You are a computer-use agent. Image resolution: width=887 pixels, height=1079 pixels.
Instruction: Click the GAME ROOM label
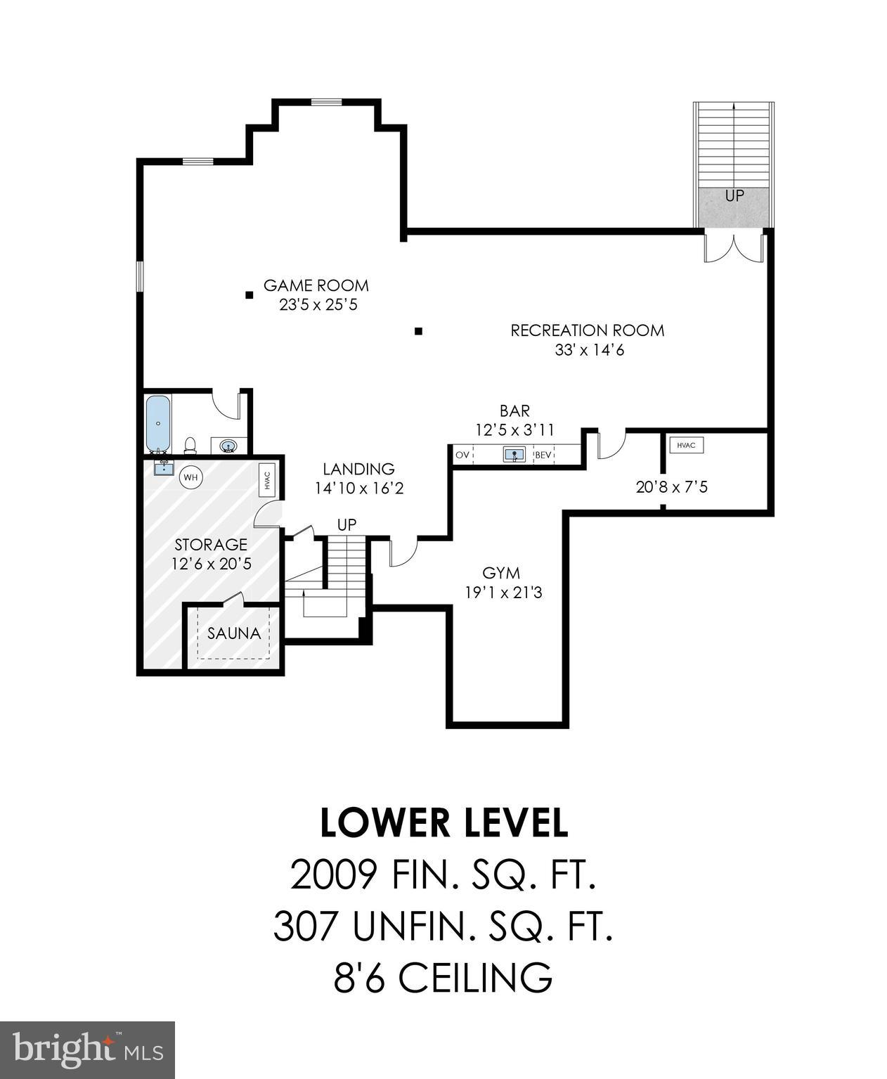pyautogui.click(x=316, y=285)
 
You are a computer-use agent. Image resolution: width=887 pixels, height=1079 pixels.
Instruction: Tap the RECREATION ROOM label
pyautogui.click(x=587, y=330)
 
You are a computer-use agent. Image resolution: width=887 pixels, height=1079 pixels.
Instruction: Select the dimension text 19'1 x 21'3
pyautogui.click(x=503, y=593)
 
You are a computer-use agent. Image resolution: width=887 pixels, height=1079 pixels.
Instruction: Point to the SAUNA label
pyautogui.click(x=234, y=633)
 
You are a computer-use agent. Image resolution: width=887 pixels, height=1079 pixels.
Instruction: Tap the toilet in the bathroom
pyautogui.click(x=190, y=445)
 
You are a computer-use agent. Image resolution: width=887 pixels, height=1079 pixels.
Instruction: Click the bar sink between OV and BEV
pyautogui.click(x=514, y=455)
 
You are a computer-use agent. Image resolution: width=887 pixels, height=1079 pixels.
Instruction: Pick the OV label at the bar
pyautogui.click(x=462, y=455)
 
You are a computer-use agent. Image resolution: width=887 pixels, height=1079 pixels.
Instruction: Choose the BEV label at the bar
pyautogui.click(x=544, y=455)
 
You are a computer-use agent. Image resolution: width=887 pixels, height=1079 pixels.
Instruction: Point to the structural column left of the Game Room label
pyautogui.click(x=249, y=295)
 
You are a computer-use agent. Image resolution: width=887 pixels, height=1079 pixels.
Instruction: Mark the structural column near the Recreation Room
pyautogui.click(x=418, y=331)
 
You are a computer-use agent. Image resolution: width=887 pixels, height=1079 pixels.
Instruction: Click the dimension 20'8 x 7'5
pyautogui.click(x=671, y=486)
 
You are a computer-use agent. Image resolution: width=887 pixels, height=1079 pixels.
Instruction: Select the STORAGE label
pyautogui.click(x=211, y=545)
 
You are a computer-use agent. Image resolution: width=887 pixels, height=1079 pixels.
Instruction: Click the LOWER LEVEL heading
pyautogui.click(x=443, y=823)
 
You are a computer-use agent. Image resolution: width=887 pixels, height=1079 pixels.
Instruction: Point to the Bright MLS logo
pyautogui.click(x=87, y=1049)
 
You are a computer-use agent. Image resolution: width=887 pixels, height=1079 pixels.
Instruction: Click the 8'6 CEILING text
pyautogui.click(x=443, y=978)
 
